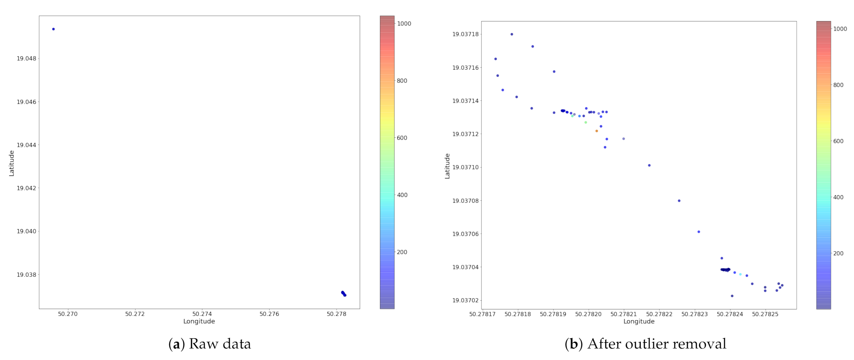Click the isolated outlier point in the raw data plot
pyautogui.click(x=53, y=29)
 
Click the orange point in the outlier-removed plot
pyautogui.click(x=597, y=131)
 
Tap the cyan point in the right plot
pyautogui.click(x=740, y=274)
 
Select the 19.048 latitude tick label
pyautogui.click(x=26, y=59)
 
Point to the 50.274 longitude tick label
pyautogui.click(x=202, y=314)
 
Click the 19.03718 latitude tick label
pyautogui.click(x=466, y=34)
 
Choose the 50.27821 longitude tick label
pyautogui.click(x=624, y=314)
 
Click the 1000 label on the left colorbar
pyautogui.click(x=404, y=23)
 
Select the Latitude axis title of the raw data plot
pyautogui.click(x=12, y=163)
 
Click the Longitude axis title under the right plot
pyautogui.click(x=639, y=321)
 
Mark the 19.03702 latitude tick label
pyautogui.click(x=466, y=300)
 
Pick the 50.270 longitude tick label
pyautogui.click(x=68, y=314)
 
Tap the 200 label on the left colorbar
pyautogui.click(x=402, y=252)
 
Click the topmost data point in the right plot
pyautogui.click(x=512, y=34)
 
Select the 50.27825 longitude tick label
pyautogui.click(x=765, y=314)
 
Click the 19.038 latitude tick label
pyautogui.click(x=26, y=275)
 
